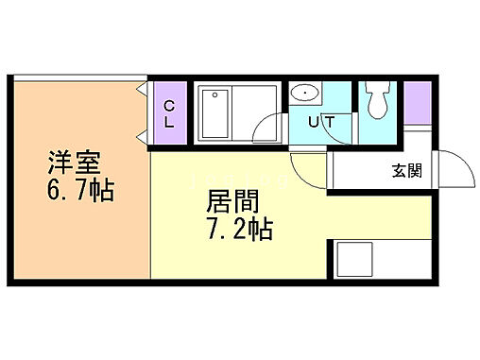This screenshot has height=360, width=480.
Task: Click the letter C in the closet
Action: [168, 106]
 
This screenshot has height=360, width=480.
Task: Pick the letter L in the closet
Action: [168, 122]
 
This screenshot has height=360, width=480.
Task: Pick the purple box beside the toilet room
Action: [418, 101]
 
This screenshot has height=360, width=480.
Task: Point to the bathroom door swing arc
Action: [272, 129]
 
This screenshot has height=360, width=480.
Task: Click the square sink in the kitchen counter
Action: [356, 259]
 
